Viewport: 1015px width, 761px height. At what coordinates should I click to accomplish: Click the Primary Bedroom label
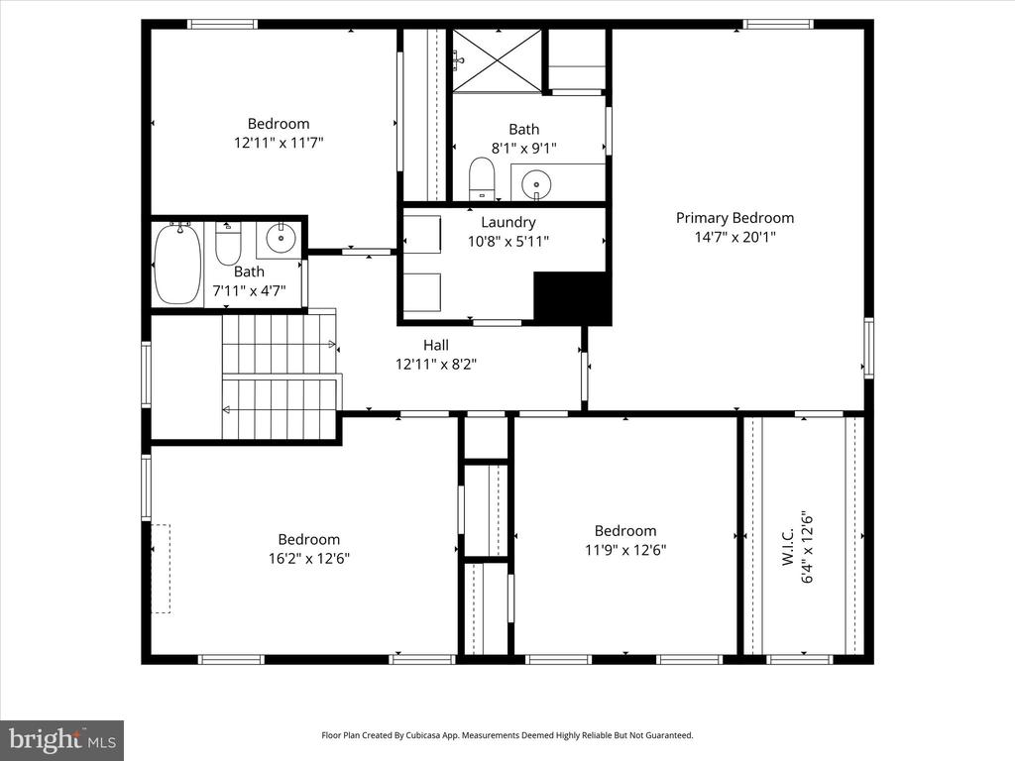[x=734, y=218]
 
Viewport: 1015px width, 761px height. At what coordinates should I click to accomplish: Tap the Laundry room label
[x=508, y=223]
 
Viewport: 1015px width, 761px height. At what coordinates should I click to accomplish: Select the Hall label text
[x=436, y=345]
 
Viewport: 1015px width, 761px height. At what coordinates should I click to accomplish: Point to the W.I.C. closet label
[x=788, y=547]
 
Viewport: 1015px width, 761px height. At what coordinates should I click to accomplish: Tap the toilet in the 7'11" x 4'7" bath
[x=228, y=243]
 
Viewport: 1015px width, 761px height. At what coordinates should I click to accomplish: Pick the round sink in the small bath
[x=281, y=238]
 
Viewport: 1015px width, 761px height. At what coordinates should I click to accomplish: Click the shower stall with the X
[x=497, y=60]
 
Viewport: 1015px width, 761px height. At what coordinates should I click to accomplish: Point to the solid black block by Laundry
[x=572, y=297]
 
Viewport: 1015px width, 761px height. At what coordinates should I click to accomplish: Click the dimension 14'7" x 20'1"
[x=734, y=237]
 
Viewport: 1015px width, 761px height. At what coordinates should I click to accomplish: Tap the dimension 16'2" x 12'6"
[x=309, y=558]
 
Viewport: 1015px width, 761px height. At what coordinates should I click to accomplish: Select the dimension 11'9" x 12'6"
[x=625, y=549]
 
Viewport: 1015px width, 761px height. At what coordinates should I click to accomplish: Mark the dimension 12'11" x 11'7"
[x=279, y=142]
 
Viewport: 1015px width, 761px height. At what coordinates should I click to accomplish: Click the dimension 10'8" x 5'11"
[x=508, y=242]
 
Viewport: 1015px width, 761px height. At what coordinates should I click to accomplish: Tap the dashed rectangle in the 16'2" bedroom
[x=162, y=569]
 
